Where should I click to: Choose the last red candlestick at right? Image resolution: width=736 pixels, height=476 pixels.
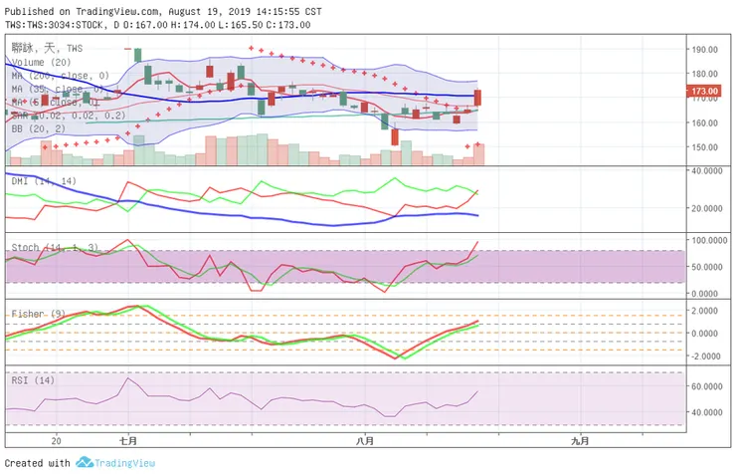478,98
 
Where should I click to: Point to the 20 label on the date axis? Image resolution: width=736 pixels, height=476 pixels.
57,439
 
